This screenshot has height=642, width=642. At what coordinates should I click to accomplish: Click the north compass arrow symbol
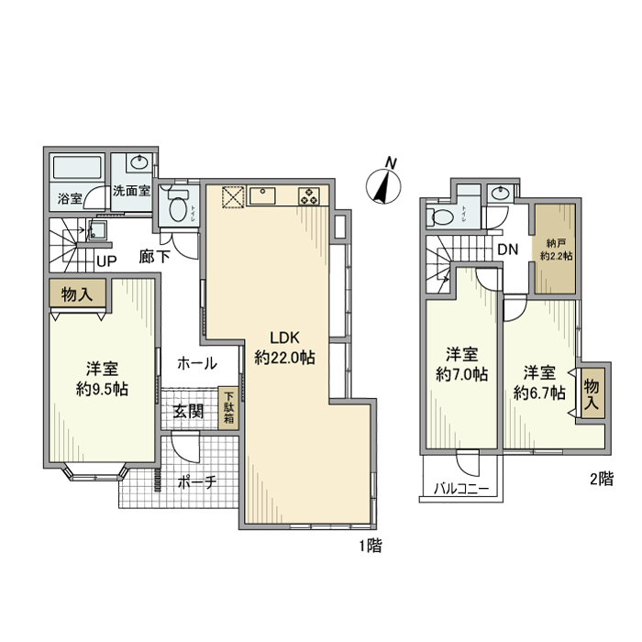click(381, 186)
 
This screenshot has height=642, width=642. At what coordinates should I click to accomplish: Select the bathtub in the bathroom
click(79, 170)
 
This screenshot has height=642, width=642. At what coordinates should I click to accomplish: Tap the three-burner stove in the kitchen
click(306, 195)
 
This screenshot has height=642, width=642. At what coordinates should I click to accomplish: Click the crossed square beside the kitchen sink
click(232, 196)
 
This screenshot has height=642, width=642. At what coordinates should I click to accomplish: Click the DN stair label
click(508, 248)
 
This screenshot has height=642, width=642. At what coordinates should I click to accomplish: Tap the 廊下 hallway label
click(154, 258)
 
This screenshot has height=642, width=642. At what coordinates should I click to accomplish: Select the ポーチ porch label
click(195, 481)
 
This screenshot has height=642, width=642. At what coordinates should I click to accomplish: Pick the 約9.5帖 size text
click(102, 389)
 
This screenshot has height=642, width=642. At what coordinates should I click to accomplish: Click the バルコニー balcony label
click(461, 489)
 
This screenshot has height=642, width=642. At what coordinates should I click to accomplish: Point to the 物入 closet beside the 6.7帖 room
click(592, 391)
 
